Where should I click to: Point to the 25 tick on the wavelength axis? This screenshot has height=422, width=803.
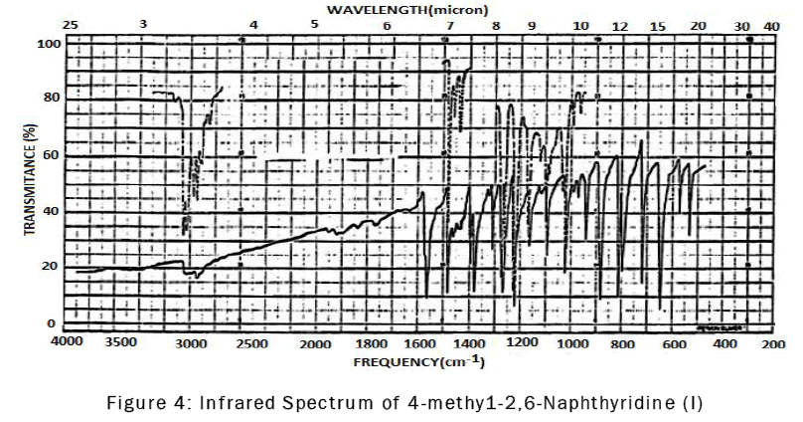pos(70,23)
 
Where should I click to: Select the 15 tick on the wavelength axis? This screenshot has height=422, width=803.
pos(658,23)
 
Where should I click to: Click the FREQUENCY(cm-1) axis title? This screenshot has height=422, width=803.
pos(419,360)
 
